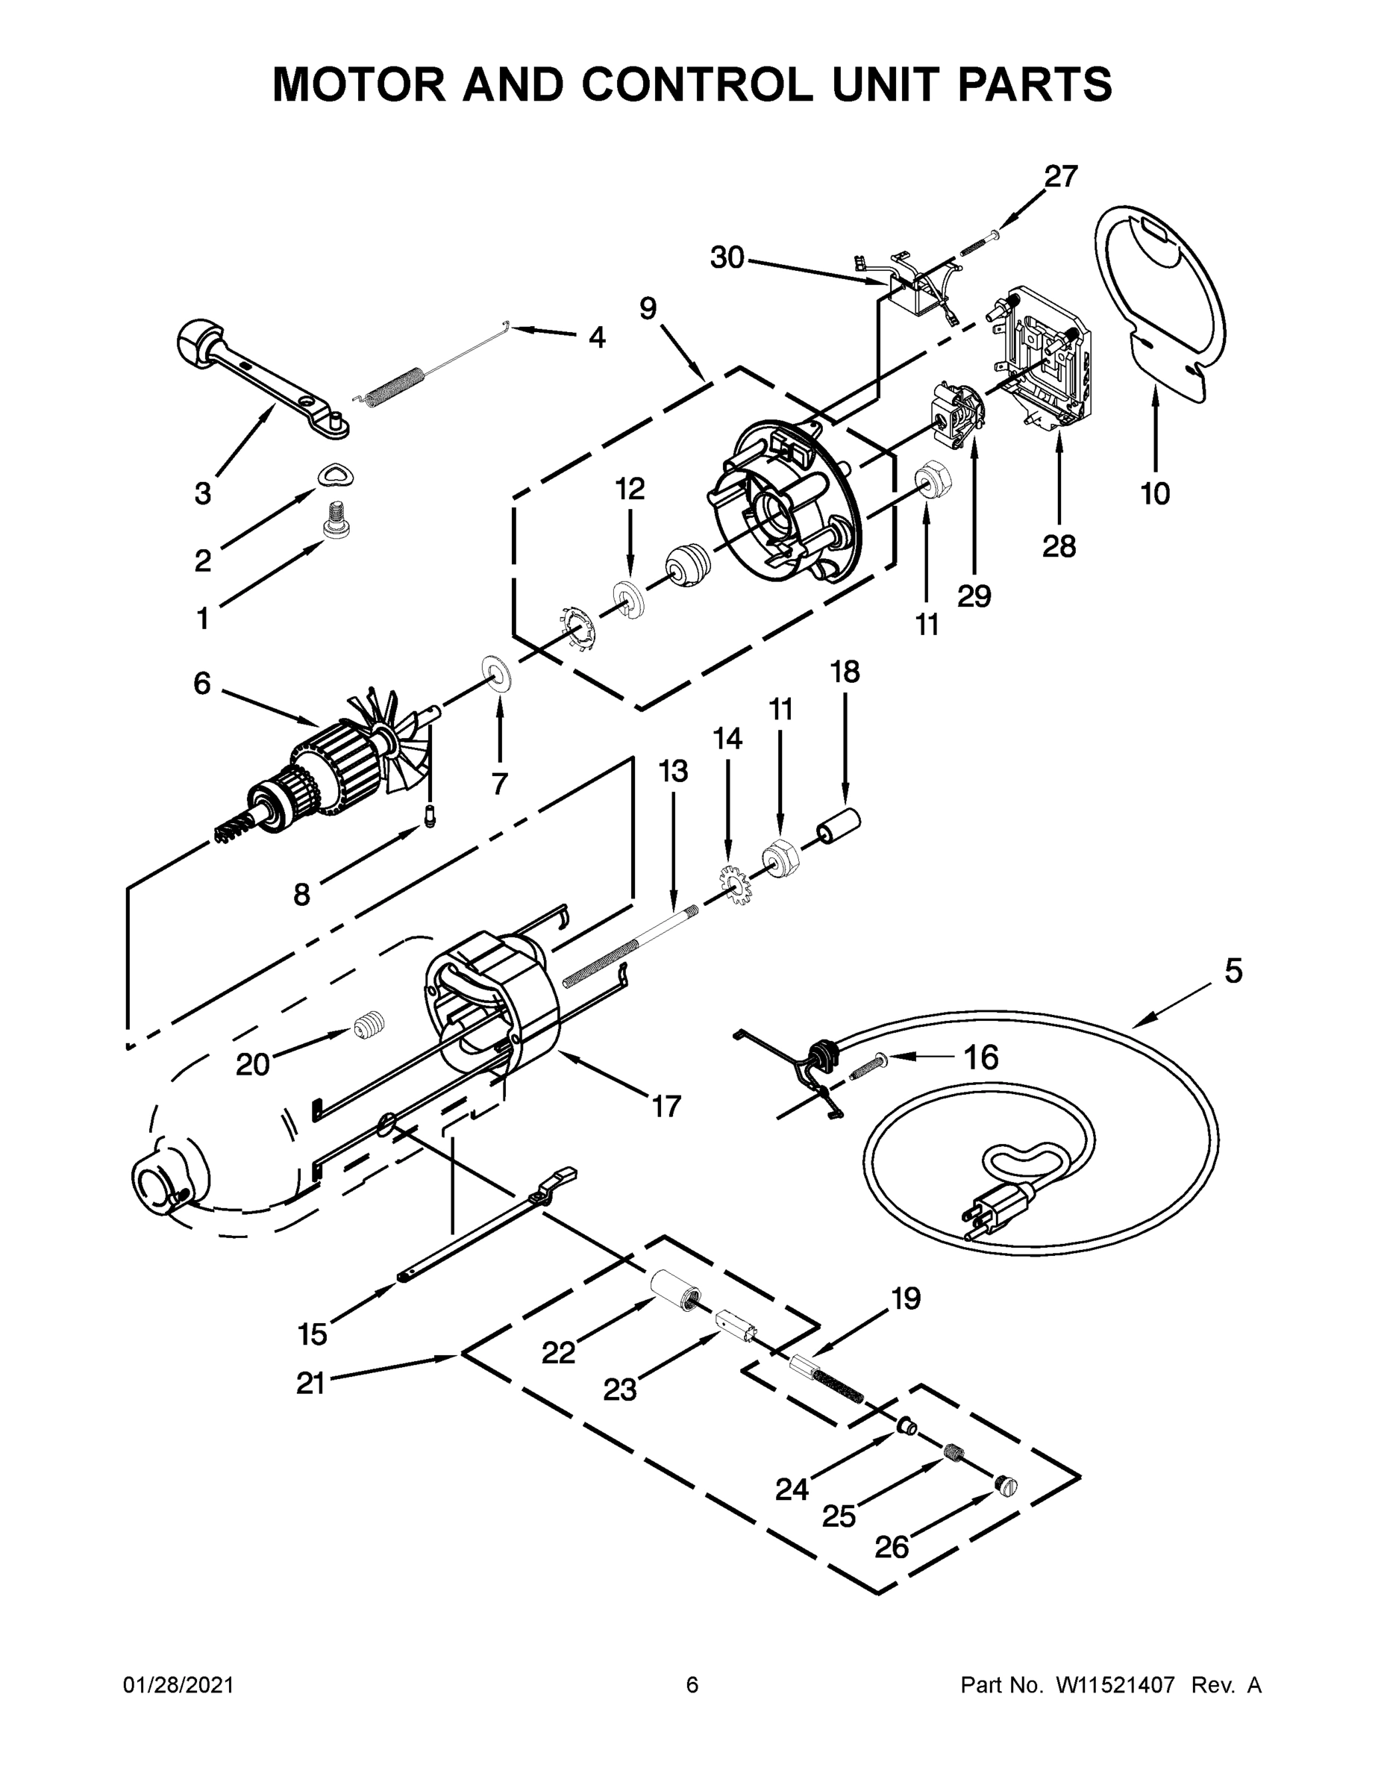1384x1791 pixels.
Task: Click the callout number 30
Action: click(727, 258)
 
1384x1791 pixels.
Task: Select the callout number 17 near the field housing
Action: click(666, 1106)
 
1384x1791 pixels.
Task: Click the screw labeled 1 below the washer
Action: click(337, 520)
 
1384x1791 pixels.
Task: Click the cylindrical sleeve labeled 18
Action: click(836, 827)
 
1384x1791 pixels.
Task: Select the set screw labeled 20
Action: click(370, 1025)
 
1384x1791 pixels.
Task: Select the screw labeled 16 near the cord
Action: click(868, 1067)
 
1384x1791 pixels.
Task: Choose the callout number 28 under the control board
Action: click(1059, 546)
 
